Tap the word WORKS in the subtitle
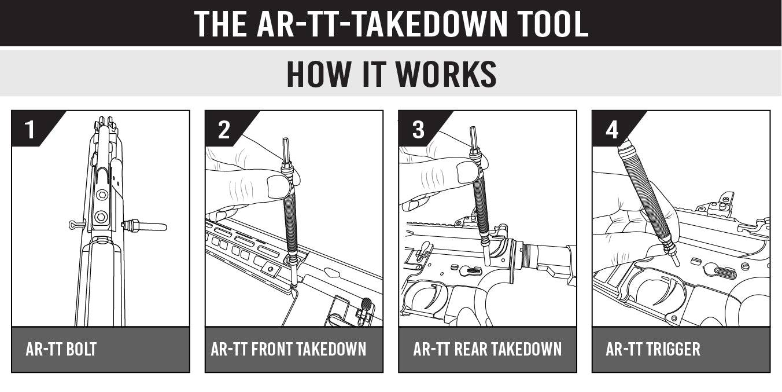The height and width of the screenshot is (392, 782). [444, 74]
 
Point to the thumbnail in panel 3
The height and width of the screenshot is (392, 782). [467, 172]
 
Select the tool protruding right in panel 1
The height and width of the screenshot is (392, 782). [145, 226]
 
